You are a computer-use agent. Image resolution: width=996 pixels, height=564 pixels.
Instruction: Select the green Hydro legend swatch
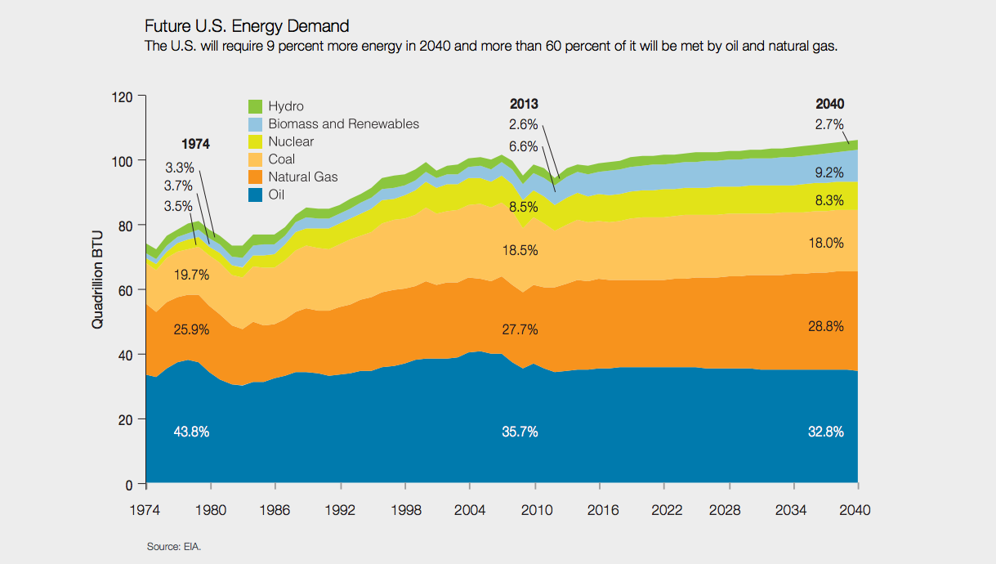coord(255,106)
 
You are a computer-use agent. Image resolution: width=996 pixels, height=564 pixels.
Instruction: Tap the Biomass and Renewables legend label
coord(343,124)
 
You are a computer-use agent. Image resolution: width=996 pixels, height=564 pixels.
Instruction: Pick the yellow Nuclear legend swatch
coord(255,142)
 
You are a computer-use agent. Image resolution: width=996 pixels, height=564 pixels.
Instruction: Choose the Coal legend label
coord(282,159)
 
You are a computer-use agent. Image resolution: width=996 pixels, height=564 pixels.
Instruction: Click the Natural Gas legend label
coord(302,177)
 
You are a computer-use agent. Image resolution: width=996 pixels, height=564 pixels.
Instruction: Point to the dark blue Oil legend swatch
coord(255,195)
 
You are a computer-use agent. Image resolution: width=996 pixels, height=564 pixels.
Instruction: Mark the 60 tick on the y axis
coord(124,290)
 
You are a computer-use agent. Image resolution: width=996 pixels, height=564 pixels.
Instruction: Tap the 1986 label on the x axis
coord(275,509)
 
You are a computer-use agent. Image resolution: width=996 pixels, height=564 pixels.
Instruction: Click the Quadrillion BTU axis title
coord(98,290)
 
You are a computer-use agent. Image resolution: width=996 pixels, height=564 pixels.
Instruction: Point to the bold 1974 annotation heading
coord(195,144)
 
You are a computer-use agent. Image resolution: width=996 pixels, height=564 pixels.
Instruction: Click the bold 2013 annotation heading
coord(524,104)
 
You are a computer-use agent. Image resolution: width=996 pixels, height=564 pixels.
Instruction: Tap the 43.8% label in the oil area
coord(192,432)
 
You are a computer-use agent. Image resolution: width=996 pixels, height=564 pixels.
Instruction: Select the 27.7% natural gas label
coord(520,329)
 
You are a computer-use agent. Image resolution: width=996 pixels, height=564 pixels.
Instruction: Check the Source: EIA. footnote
coord(173,546)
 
